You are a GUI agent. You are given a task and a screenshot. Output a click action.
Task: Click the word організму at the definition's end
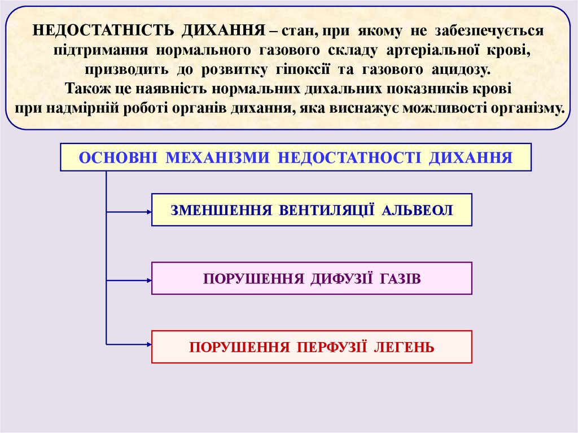[x=527, y=108]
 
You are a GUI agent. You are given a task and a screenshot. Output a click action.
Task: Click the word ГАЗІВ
[x=400, y=279]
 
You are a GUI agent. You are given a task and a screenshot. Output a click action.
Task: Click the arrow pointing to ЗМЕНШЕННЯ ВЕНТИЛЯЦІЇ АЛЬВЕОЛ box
[x=129, y=212]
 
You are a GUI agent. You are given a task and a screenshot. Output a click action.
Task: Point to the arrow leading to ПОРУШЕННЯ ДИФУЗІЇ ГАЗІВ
[x=129, y=280]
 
